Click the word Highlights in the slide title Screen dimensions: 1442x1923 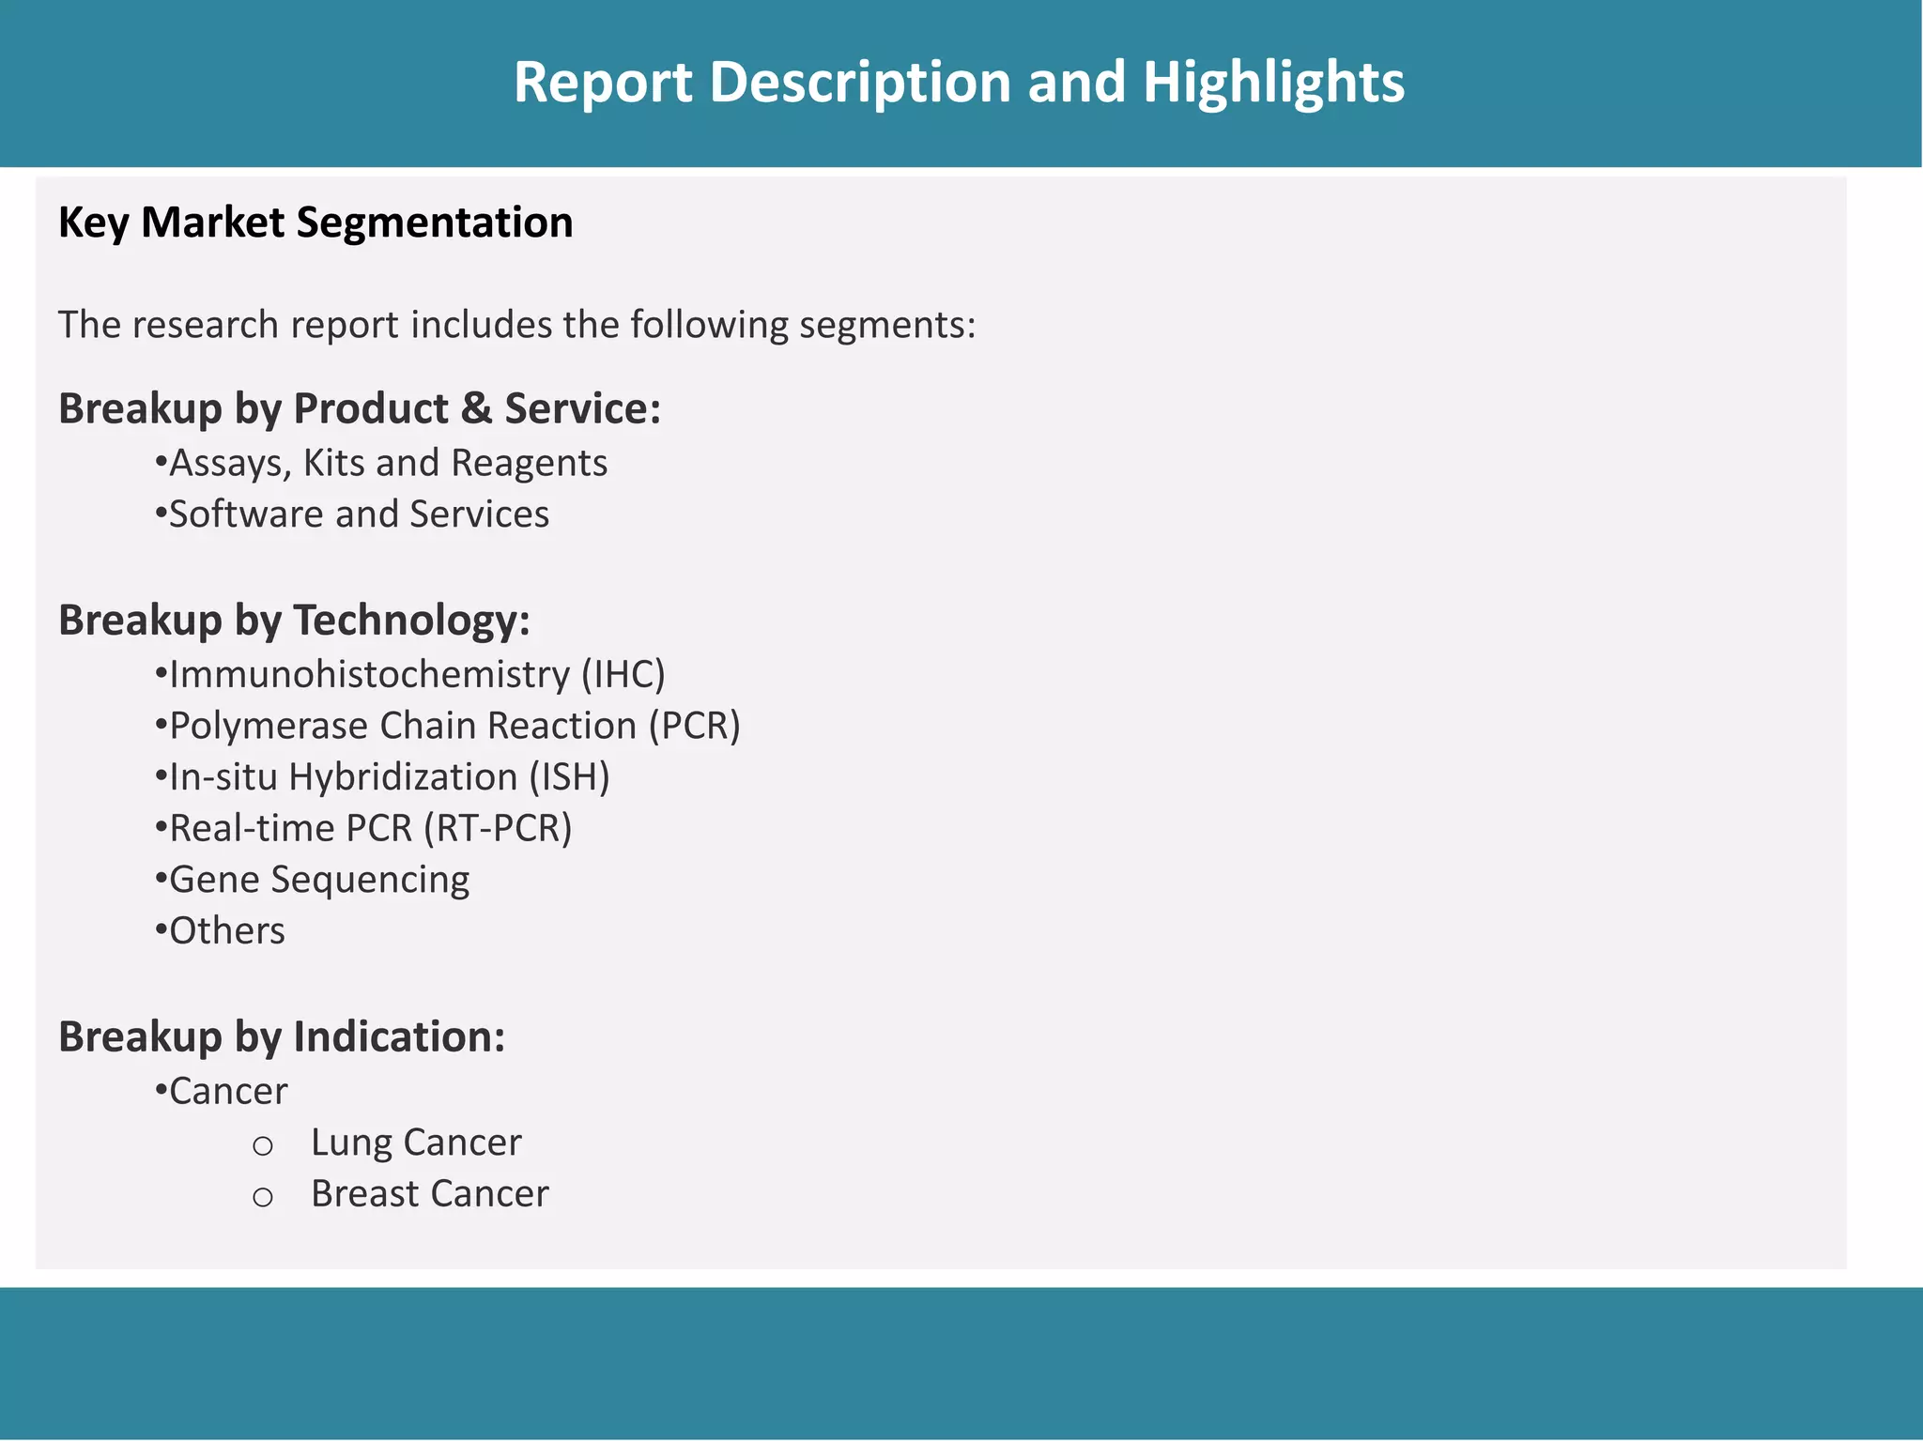[1273, 83]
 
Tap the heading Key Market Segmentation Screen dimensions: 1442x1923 [315, 223]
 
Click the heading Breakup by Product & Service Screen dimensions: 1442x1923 [360, 409]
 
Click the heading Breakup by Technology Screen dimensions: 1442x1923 [294, 621]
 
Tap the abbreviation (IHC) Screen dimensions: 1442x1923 [623, 675]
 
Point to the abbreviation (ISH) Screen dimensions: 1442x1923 [569, 777]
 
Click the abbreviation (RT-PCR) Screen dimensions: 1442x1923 [497, 829]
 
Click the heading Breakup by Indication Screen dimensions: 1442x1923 [282, 1037]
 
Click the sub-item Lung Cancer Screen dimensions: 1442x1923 [416, 1143]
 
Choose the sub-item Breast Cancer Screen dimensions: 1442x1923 [429, 1194]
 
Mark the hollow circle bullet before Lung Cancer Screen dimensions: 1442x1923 [263, 1146]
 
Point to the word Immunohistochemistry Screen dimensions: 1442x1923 [369, 675]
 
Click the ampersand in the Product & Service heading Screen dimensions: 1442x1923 [476, 409]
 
